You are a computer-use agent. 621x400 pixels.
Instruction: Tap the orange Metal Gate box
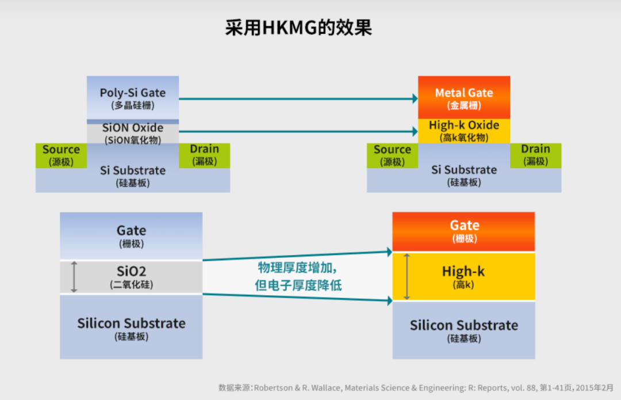[x=463, y=97]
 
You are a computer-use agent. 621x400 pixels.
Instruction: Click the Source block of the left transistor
[x=61, y=155]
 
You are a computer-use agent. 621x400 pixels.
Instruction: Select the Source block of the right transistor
[x=392, y=155]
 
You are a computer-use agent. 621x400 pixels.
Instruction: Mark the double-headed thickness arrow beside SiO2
[x=74, y=277]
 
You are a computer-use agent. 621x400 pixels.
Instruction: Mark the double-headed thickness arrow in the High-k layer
[x=407, y=277]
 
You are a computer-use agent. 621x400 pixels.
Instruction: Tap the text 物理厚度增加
[x=296, y=268]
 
